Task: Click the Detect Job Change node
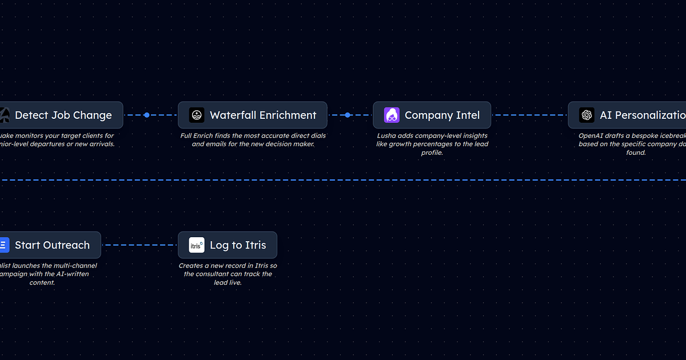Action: coord(63,115)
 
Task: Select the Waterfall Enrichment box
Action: coord(252,115)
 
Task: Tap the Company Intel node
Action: coord(432,115)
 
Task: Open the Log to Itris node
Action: coord(227,245)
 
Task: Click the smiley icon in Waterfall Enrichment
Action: coord(197,115)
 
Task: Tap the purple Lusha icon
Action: coord(392,115)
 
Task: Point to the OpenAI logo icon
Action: coord(587,115)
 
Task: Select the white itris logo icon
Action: coord(197,245)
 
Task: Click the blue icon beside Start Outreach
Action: coord(3,245)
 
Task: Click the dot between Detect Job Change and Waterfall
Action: coord(147,115)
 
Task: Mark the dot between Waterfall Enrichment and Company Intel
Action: coord(348,115)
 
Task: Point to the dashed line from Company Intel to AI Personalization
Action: coord(529,115)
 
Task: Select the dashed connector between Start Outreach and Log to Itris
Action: coord(139,245)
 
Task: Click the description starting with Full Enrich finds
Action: coord(253,140)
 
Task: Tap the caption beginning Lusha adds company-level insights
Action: coord(432,144)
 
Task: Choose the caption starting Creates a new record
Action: coord(228,274)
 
